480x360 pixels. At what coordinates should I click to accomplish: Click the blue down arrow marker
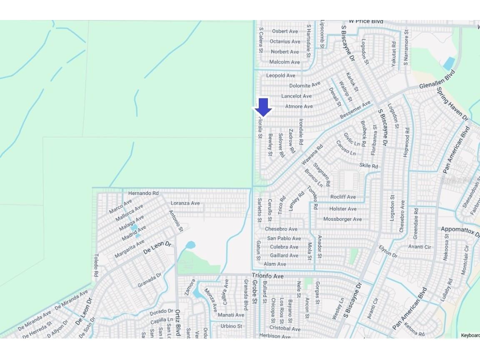pyautogui.click(x=263, y=107)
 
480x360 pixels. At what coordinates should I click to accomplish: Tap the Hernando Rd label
pyautogui.click(x=143, y=193)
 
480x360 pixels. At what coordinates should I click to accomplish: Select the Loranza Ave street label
pyautogui.click(x=185, y=203)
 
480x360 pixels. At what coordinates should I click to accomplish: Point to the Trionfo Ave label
pyautogui.click(x=267, y=276)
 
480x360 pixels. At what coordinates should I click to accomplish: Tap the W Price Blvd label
pyautogui.click(x=366, y=21)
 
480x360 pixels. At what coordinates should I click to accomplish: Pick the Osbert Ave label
pyautogui.click(x=285, y=31)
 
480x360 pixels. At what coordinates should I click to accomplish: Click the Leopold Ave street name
pyautogui.click(x=280, y=75)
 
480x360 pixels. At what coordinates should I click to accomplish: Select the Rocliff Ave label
pyautogui.click(x=343, y=197)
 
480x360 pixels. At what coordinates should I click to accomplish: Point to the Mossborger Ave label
pyautogui.click(x=342, y=219)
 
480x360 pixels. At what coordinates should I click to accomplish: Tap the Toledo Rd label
pyautogui.click(x=96, y=265)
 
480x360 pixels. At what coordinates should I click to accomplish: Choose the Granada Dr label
pyautogui.click(x=150, y=280)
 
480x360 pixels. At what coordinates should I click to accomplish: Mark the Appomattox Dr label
pyautogui.click(x=460, y=230)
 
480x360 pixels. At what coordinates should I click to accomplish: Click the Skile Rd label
pyautogui.click(x=368, y=166)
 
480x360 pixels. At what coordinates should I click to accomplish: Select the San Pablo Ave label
pyautogui.click(x=284, y=238)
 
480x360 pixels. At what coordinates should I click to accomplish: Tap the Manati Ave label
pyautogui.click(x=231, y=315)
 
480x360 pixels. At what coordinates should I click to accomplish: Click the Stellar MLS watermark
pyautogui.click(x=457, y=180)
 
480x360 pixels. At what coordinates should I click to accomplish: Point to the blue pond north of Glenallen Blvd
pyautogui.click(x=449, y=64)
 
